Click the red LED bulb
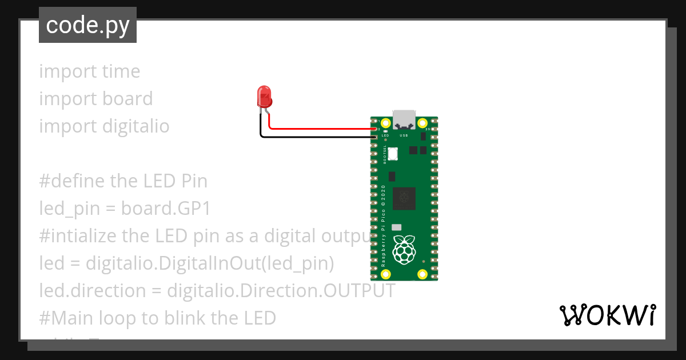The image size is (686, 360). point(264,97)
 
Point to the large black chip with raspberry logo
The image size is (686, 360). point(405,198)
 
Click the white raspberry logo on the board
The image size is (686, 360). point(405,249)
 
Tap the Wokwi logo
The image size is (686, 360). point(608,315)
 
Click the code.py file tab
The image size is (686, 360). point(87,26)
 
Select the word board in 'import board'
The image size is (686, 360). point(127,99)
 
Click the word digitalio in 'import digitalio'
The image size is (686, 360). point(136,126)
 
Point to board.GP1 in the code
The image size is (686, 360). point(166,209)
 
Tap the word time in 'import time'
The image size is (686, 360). point(121,71)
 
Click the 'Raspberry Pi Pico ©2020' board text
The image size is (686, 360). point(383,226)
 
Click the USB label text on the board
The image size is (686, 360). point(404,136)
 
